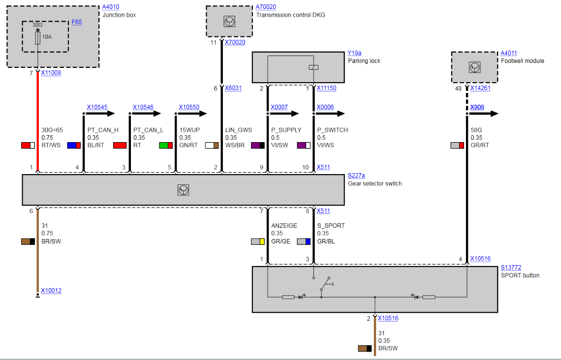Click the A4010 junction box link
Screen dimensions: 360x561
[111, 7]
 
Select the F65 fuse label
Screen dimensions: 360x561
[77, 23]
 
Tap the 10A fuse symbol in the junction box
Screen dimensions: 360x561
[38, 39]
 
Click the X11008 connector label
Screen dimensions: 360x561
[51, 73]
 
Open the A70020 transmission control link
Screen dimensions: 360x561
[266, 7]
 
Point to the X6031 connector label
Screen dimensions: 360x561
[233, 89]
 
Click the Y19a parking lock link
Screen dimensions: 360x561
[354, 53]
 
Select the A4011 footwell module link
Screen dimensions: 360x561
[509, 53]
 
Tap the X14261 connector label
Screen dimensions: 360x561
[480, 89]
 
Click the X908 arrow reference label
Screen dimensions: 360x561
[477, 107]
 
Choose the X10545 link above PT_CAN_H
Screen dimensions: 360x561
[97, 107]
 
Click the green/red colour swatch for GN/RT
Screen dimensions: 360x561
[166, 146]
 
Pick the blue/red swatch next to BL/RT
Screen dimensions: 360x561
[74, 146]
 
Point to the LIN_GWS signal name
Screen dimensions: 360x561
[238, 130]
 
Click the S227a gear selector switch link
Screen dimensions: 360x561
[357, 176]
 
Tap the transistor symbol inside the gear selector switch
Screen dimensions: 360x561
[183, 190]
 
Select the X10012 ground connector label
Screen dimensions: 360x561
[51, 291]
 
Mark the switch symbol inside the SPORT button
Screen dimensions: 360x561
[326, 284]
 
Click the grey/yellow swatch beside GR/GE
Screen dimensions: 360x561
[258, 241]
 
